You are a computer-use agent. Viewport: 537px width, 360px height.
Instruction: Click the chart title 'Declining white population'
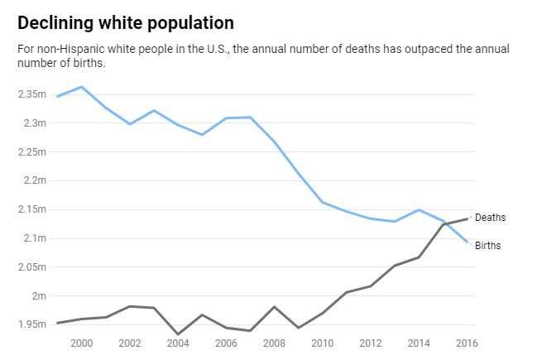[125, 22]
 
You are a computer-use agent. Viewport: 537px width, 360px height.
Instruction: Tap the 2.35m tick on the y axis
[31, 94]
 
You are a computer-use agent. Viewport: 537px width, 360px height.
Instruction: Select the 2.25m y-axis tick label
[31, 152]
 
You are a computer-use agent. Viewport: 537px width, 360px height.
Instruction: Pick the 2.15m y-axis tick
[31, 209]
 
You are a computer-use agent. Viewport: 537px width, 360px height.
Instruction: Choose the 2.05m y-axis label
[31, 266]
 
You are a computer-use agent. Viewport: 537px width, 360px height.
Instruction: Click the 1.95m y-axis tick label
[31, 324]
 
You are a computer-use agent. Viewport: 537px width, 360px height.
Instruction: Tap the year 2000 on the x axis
[81, 343]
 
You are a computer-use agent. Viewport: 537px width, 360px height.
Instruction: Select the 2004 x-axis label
[178, 343]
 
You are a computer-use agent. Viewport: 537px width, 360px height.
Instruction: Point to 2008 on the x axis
[275, 343]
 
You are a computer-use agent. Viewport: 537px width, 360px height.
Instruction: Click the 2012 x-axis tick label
[372, 343]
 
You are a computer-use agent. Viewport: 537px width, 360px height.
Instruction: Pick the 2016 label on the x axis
[467, 343]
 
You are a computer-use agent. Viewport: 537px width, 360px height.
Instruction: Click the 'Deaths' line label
[490, 218]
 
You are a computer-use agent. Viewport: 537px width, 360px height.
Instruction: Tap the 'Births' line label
[488, 246]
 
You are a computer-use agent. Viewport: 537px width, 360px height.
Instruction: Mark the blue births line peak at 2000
[81, 87]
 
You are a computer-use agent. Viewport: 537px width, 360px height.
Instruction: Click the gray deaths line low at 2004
[178, 334]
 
